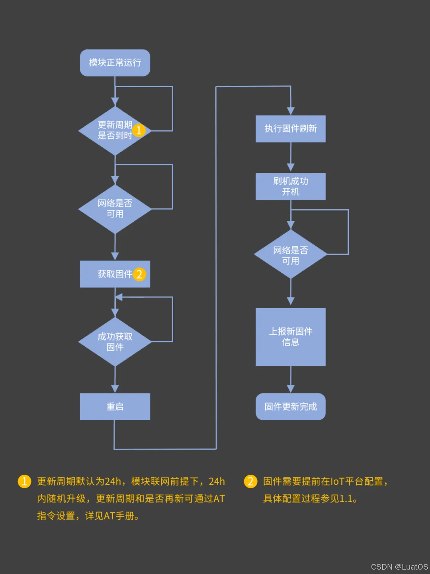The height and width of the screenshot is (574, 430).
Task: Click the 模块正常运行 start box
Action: pos(115,63)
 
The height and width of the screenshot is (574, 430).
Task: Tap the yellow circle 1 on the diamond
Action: pos(139,130)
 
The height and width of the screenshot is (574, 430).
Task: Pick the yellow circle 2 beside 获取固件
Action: pos(139,274)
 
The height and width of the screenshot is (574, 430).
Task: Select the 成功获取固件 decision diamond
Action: pos(115,342)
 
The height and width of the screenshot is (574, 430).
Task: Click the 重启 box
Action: pos(115,407)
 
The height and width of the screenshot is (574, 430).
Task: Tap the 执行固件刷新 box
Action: pos(291,129)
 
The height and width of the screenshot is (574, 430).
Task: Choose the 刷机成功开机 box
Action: pos(291,186)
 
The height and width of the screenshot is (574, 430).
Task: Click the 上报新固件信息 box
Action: pos(291,337)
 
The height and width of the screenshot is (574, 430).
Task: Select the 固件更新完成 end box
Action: pos(291,407)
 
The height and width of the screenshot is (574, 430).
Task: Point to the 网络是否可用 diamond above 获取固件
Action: pos(115,209)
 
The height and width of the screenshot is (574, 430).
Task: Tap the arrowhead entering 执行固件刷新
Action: pos(291,111)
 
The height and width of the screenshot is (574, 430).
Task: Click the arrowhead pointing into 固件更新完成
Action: pos(291,389)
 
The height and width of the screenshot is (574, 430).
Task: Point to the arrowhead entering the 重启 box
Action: pos(115,389)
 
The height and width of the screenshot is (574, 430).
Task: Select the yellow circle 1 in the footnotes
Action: pos(24,481)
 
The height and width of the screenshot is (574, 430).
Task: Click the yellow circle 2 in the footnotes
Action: pos(250,481)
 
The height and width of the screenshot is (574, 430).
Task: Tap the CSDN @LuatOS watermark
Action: pos(399,567)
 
